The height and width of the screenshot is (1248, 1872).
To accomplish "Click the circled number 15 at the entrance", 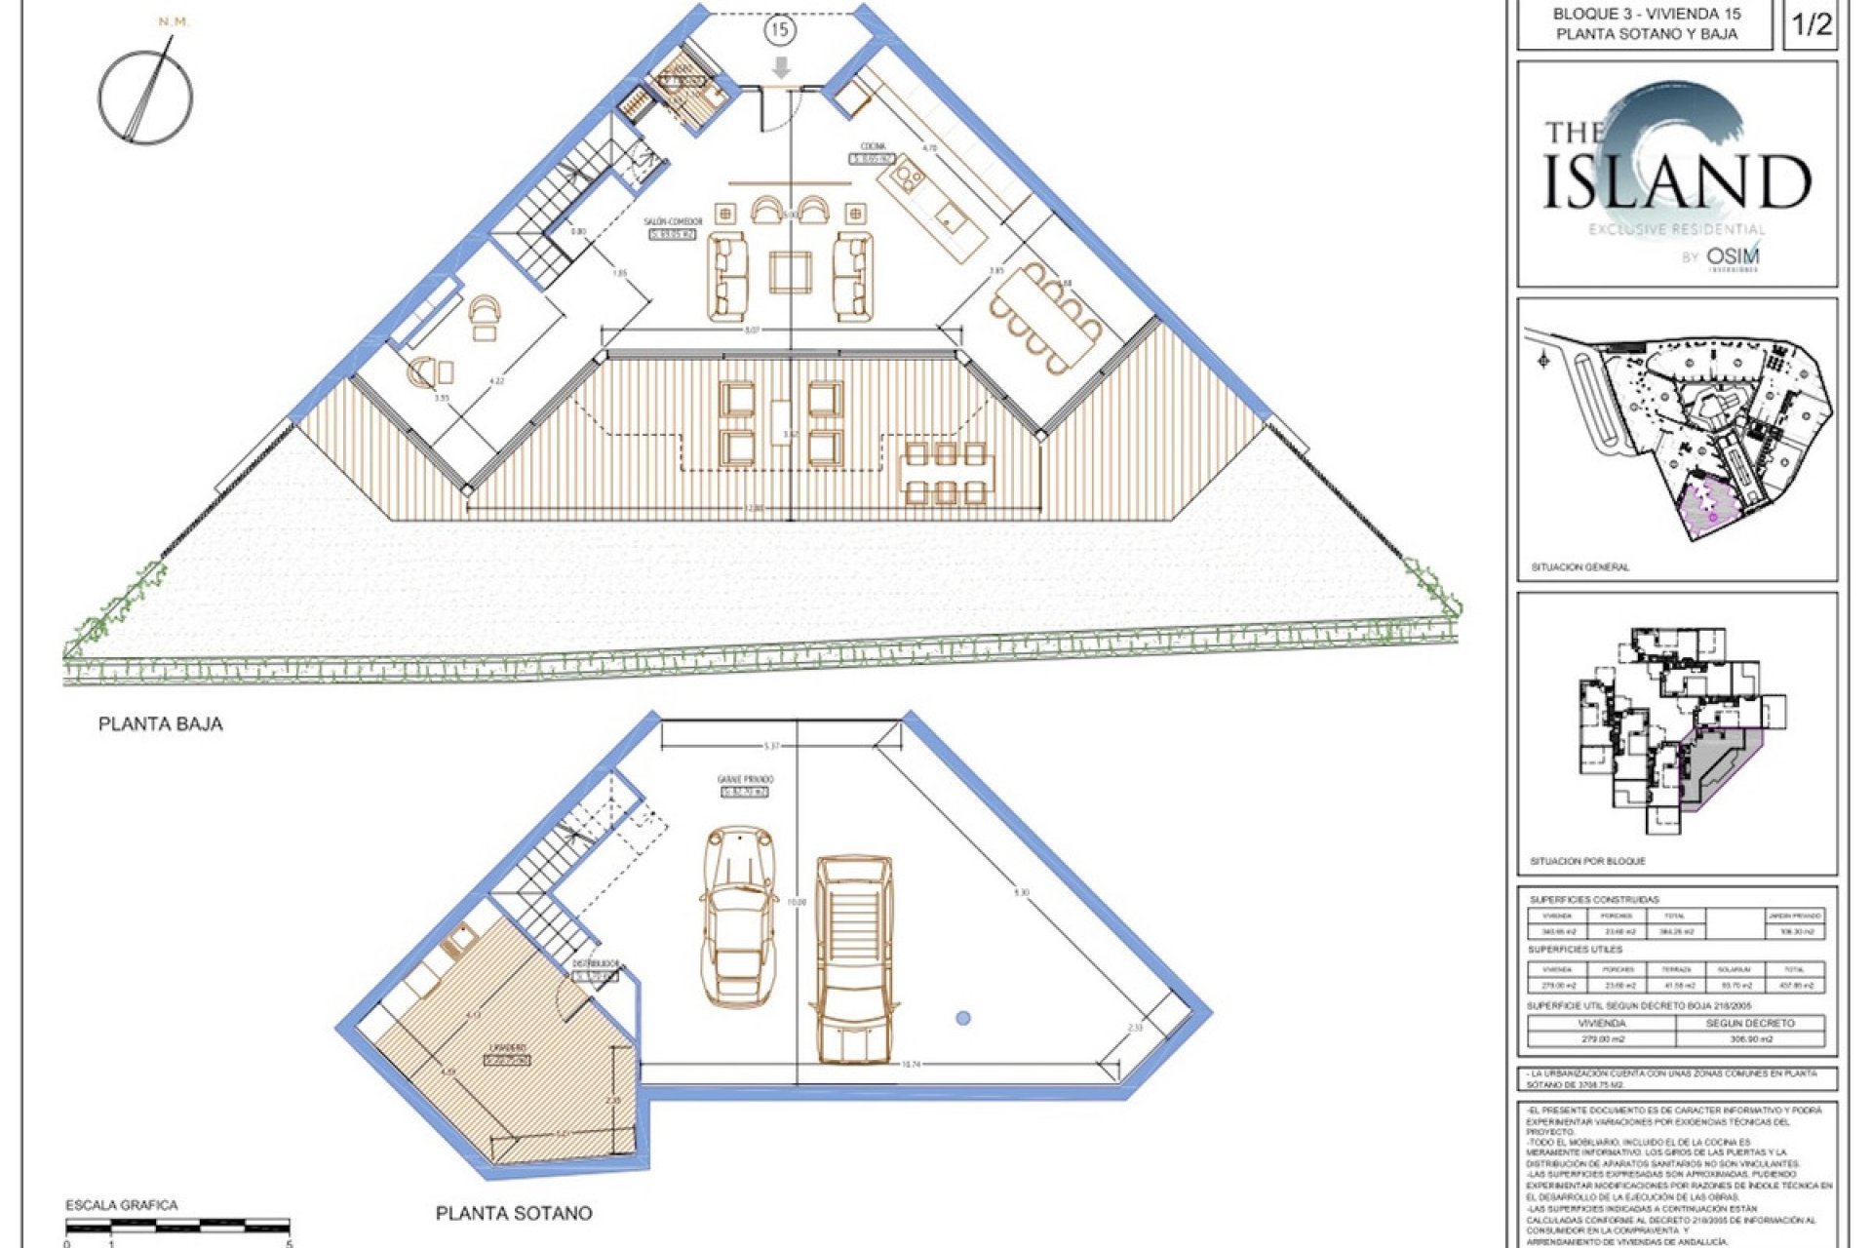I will [x=779, y=30].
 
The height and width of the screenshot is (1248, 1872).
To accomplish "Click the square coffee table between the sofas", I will [x=791, y=272].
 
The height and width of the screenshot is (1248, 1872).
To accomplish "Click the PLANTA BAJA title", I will [x=160, y=724].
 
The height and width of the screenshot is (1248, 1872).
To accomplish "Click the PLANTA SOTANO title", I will [x=514, y=1214].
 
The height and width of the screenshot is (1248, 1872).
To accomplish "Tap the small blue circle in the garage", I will [x=963, y=1018].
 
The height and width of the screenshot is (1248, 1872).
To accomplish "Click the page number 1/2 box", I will [x=1813, y=25].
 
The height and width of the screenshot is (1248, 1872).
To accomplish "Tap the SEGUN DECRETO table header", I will [x=1750, y=1023].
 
